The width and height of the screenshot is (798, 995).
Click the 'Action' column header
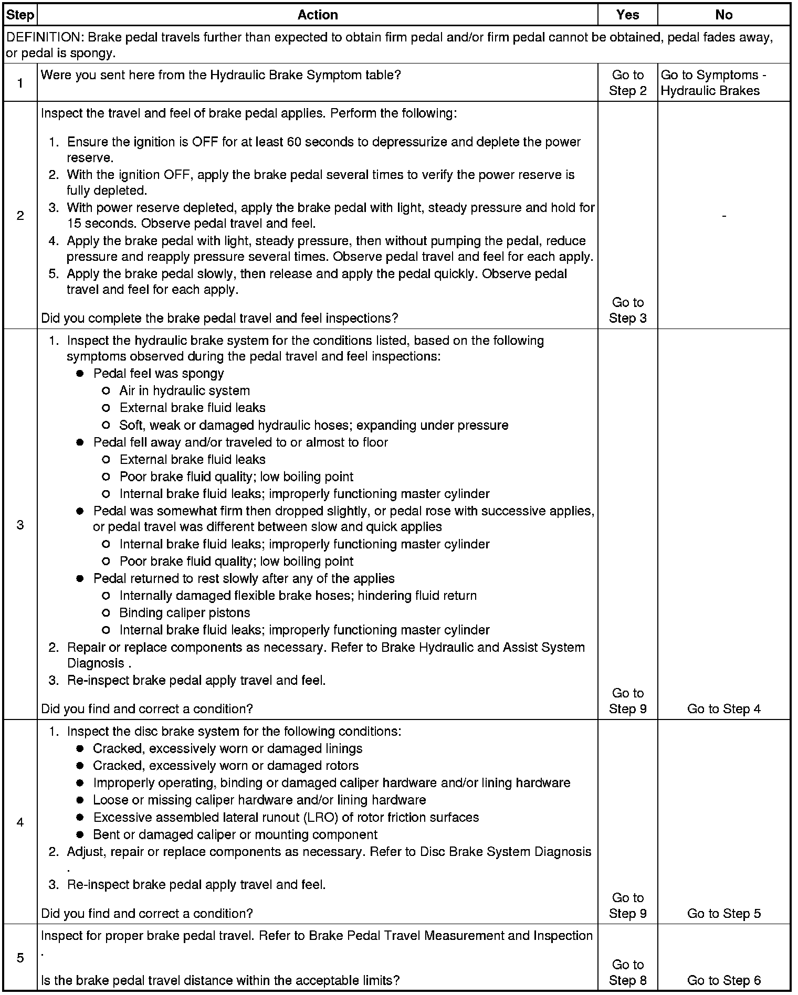(x=317, y=15)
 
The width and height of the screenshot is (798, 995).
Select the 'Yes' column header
(x=627, y=15)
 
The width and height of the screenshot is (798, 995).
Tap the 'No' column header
(x=723, y=15)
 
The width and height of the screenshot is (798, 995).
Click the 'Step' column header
(x=20, y=15)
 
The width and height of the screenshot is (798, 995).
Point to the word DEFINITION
(x=43, y=37)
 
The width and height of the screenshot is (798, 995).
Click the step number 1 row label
(x=20, y=83)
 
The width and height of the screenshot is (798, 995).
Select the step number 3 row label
(x=20, y=525)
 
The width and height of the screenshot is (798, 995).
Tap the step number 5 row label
(x=20, y=958)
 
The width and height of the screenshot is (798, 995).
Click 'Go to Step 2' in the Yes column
(x=627, y=83)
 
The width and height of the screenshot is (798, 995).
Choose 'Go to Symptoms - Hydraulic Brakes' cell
(x=713, y=83)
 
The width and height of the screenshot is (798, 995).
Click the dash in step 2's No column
(x=724, y=216)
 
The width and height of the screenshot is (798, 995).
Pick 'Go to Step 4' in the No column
(x=723, y=709)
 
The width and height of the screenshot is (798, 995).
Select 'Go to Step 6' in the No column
(x=723, y=980)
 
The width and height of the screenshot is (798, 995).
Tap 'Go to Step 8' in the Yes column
(x=627, y=972)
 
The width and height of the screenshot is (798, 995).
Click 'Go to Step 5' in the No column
(x=723, y=914)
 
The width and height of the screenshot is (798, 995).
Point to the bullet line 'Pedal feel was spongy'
(x=159, y=374)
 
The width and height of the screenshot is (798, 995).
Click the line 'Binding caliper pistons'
(x=185, y=613)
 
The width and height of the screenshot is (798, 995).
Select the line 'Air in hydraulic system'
(x=185, y=391)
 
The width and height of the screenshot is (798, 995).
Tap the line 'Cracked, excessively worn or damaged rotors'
(x=226, y=766)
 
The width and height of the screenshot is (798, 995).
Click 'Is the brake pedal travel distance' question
(x=220, y=980)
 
